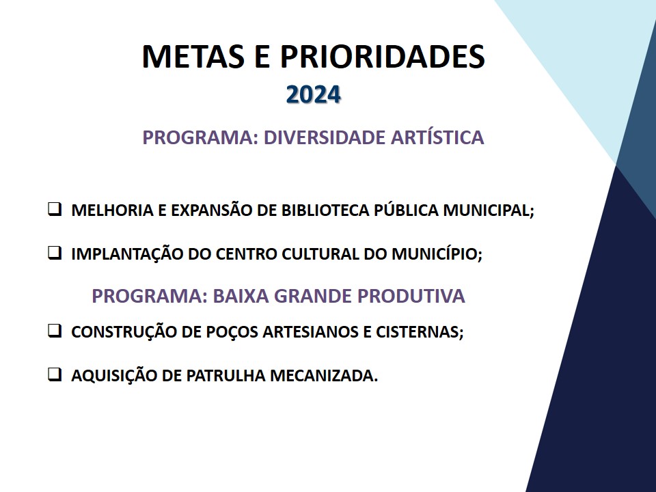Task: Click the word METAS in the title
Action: tap(193, 56)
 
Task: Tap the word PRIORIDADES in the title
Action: tap(383, 56)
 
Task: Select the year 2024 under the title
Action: tap(314, 94)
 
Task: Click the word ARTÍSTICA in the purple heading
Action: tap(437, 137)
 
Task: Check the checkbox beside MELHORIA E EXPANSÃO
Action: tap(55, 209)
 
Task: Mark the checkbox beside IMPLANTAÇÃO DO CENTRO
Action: tap(55, 253)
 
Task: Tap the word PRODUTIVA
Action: tap(411, 296)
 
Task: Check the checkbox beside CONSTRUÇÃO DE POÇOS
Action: tap(55, 331)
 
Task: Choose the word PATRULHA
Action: tap(226, 375)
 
